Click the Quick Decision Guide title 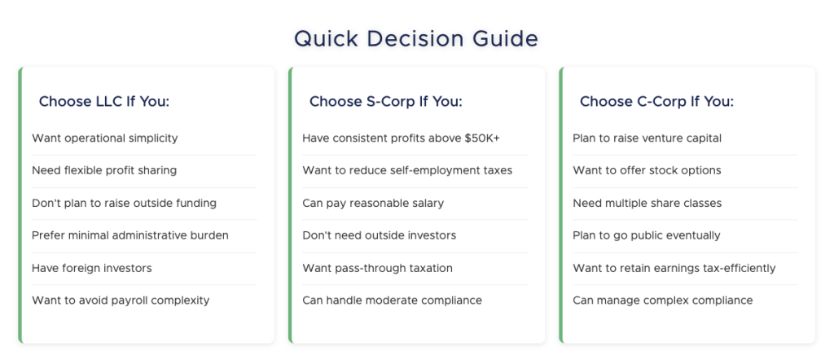(416, 38)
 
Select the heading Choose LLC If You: (103, 102)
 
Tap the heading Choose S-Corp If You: (385, 102)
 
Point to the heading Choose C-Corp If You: (656, 102)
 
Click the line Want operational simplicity (104, 138)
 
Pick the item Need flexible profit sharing (103, 171)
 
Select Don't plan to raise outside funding (124, 203)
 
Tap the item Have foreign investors (91, 268)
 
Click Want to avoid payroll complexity (121, 301)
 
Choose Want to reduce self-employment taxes (407, 171)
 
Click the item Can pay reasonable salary (373, 203)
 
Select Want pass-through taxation (377, 268)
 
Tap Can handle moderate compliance (392, 301)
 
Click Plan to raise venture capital (647, 138)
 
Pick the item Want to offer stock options (647, 171)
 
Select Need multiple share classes (647, 203)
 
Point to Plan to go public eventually (646, 235)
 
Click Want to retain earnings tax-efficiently (674, 268)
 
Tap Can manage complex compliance (662, 301)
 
